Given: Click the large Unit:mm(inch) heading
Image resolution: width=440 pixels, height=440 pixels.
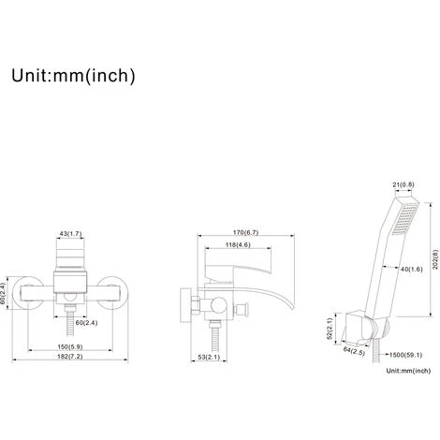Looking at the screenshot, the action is pos(73,76).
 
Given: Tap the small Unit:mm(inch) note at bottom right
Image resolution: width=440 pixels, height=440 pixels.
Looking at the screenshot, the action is pos(408,371).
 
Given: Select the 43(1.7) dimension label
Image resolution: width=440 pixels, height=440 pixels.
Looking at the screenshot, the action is pos(70,233).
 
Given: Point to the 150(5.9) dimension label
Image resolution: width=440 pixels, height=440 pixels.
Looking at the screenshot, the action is pos(70,346).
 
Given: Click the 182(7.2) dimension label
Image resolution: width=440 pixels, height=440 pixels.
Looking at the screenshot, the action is pos(70,357).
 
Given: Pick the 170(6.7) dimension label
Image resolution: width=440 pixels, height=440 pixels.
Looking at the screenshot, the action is pos(245,232).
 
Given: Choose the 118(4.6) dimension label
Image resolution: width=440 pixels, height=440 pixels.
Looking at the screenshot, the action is pos(238,245).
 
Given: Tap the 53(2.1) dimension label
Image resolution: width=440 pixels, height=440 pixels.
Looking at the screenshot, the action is pos(209,357).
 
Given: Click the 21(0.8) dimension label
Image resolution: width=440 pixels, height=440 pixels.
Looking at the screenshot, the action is pos(403,184).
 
